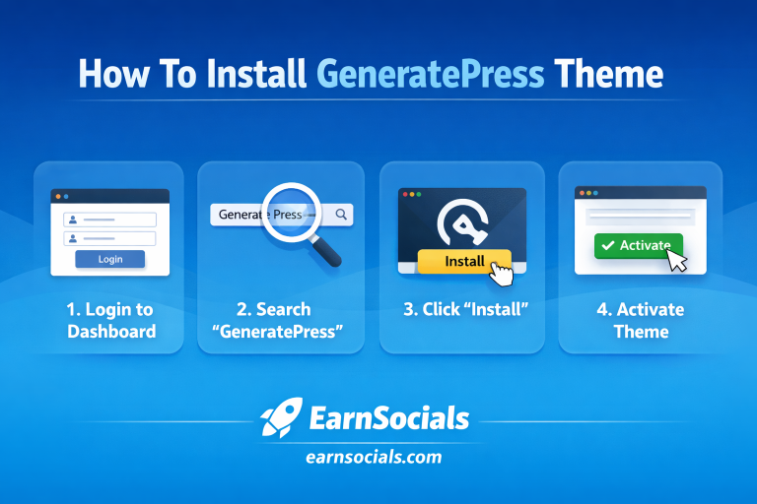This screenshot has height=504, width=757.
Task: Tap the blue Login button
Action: pos(110,259)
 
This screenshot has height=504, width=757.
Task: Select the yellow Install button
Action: pos(464,261)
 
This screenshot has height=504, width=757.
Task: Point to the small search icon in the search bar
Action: pos(341,214)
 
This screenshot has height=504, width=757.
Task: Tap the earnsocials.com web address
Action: pos(378,457)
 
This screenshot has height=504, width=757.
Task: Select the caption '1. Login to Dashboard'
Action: pos(110,321)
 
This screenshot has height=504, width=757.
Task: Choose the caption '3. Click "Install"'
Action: pos(466,309)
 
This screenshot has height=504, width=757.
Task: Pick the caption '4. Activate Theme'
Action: pos(641,321)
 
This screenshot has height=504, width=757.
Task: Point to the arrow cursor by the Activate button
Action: pos(676,259)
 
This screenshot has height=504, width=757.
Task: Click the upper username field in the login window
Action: pos(110,220)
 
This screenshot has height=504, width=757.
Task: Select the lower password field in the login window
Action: pos(110,238)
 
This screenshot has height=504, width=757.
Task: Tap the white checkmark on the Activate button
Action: pos(607,246)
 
